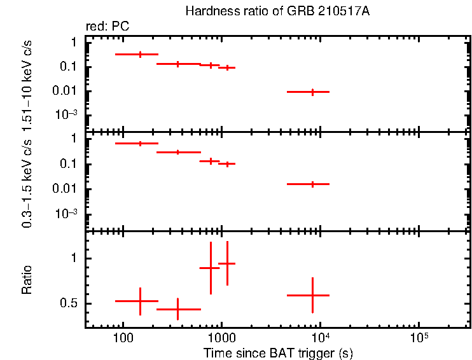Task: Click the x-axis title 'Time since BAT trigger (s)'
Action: click(278, 352)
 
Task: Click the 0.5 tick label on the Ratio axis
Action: click(67, 304)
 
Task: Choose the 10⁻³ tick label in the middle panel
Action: click(66, 214)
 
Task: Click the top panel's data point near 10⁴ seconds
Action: click(312, 92)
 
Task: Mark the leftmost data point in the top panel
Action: click(140, 55)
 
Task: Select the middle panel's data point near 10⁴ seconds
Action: click(312, 184)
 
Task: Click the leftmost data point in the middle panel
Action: click(140, 144)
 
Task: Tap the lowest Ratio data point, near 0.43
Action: click(177, 309)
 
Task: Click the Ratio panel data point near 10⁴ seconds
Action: click(312, 295)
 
